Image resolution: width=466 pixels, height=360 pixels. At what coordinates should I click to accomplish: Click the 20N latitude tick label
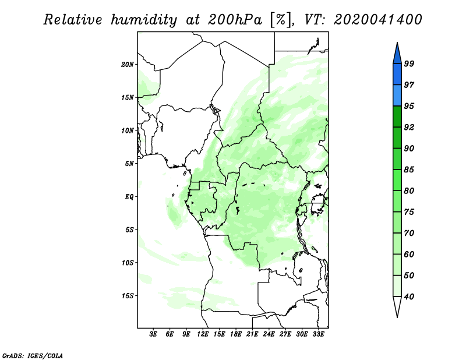point(127,65)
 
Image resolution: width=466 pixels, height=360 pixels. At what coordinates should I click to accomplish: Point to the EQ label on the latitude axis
point(129,197)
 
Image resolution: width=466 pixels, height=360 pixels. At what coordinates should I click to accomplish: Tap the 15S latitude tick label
point(127,296)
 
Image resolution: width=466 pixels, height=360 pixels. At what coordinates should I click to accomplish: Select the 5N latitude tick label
point(129,164)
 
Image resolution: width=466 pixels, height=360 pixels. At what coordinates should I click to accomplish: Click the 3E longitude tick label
point(153,334)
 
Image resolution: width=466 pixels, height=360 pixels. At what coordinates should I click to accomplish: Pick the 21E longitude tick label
point(252,334)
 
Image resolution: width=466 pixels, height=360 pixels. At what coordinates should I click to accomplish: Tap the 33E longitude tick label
point(318,334)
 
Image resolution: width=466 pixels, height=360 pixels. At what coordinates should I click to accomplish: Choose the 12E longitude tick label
point(202,334)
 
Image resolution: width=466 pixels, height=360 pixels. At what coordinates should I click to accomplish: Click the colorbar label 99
point(409,63)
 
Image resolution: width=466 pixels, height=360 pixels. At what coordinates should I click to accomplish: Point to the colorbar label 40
point(409,297)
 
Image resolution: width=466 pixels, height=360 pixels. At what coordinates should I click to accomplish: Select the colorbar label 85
point(409,170)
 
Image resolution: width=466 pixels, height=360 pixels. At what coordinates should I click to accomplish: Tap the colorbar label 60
point(409,254)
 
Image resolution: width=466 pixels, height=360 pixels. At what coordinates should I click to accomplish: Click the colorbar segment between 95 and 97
point(397,96)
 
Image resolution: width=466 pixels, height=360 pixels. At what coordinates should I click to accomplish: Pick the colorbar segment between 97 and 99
point(397,75)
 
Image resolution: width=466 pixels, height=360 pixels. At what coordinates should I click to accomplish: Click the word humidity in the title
point(144,20)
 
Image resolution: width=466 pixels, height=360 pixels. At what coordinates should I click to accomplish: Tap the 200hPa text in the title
point(235,20)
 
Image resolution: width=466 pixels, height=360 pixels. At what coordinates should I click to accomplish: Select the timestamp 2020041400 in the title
point(377,20)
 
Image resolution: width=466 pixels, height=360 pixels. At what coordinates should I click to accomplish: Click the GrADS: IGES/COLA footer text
point(33,355)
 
